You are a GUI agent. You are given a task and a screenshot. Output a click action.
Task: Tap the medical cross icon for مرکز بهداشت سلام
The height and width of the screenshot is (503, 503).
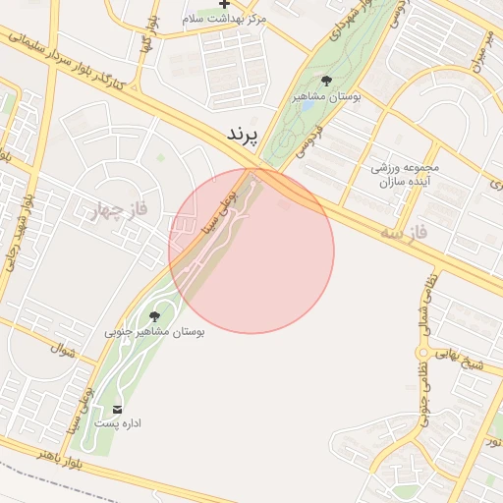click(x=225, y=5)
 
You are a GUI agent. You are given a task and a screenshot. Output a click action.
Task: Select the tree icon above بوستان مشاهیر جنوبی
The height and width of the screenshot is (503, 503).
click(x=154, y=315)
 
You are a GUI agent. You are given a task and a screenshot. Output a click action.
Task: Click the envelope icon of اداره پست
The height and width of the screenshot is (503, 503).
click(x=119, y=409)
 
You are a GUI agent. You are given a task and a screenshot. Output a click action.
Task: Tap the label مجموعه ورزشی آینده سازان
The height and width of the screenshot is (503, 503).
click(x=405, y=175)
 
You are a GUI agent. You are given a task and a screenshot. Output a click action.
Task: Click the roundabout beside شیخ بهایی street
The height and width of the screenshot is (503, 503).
click(x=423, y=353)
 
